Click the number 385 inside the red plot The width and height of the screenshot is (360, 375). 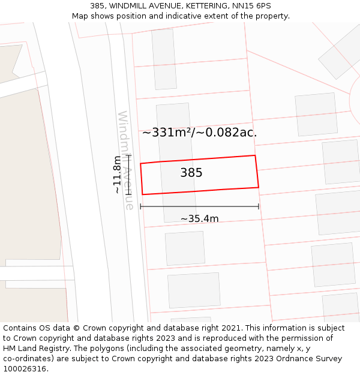click(x=191, y=173)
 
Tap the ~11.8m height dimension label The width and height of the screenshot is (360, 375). click(x=117, y=174)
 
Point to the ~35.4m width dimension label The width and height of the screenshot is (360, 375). click(x=199, y=219)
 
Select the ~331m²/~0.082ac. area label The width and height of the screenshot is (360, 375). click(x=199, y=133)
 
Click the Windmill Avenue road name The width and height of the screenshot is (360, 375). click(x=126, y=160)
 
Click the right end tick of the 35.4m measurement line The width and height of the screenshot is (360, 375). click(x=259, y=206)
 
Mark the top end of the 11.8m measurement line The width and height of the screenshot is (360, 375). click(x=128, y=155)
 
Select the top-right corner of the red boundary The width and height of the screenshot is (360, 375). click(x=255, y=155)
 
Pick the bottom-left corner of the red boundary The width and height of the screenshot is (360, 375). click(x=142, y=194)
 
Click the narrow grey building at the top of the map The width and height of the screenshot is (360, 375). click(x=164, y=59)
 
